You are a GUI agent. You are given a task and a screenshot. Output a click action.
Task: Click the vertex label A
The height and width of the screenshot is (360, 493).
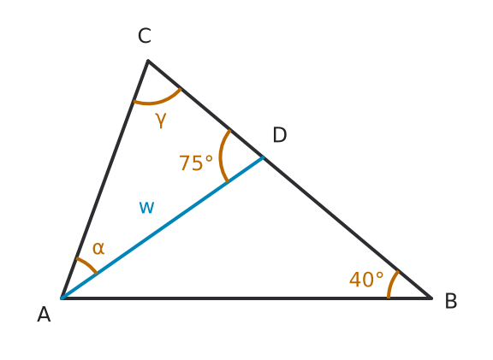[44, 315]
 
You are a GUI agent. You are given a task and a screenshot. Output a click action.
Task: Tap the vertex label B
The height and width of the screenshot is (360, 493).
[451, 301]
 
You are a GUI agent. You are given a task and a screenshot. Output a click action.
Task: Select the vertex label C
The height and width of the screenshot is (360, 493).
[145, 36]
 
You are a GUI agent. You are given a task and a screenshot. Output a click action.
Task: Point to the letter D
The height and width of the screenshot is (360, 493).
[280, 135]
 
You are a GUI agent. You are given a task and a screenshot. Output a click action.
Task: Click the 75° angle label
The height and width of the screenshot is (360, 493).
[196, 163]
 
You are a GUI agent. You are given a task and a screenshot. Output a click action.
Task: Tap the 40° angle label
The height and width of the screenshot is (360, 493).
[366, 280]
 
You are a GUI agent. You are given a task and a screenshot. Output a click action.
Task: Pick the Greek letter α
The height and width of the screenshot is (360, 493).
[98, 248]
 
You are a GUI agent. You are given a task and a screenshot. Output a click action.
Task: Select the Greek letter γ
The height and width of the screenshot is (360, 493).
[161, 120]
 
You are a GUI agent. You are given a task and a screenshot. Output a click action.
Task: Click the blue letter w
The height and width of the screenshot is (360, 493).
[146, 208]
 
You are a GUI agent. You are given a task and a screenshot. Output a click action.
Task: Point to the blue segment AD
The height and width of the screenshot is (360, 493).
[163, 227]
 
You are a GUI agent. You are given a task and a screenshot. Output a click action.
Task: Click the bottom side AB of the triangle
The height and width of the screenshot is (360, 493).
[246, 298]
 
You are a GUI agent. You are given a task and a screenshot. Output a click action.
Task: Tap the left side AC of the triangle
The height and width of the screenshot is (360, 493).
[104, 179]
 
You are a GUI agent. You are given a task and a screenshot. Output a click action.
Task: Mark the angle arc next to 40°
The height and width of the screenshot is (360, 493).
[391, 284]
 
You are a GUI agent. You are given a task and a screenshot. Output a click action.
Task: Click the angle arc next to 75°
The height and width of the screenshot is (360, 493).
[221, 156]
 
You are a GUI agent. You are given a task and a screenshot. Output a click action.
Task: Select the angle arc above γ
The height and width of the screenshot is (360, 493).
[157, 101]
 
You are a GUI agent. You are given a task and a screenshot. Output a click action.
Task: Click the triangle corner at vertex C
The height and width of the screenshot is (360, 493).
[148, 61]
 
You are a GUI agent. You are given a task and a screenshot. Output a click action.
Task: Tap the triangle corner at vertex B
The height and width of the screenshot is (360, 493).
[431, 298]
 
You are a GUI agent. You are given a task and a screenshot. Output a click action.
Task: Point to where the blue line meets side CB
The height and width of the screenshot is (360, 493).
[263, 157]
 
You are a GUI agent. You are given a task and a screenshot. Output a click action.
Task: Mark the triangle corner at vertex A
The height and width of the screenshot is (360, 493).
[62, 298]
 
